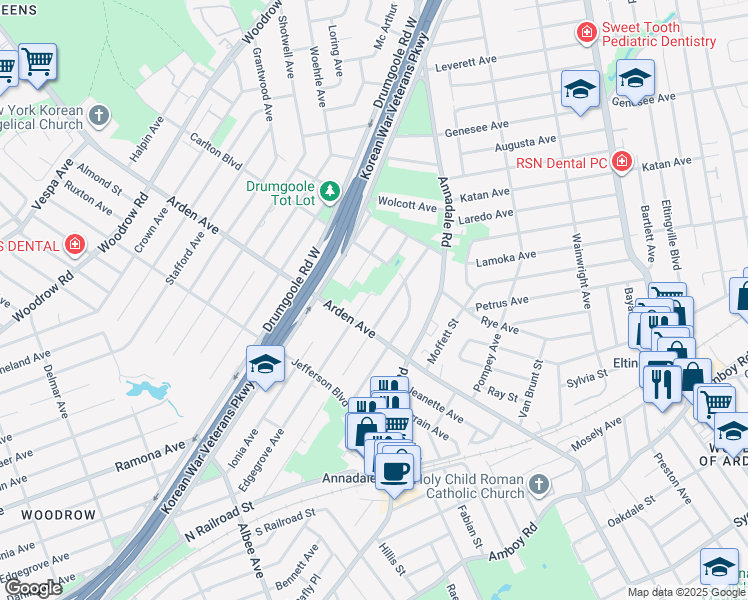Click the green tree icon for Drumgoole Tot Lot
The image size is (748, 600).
pyautogui.click(x=328, y=189)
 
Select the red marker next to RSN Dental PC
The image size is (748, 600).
pyautogui.click(x=622, y=161)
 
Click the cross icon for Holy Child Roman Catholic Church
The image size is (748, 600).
pyautogui.click(x=539, y=485)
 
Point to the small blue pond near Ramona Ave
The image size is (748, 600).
pyautogui.click(x=150, y=391)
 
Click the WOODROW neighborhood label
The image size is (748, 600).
pyautogui.click(x=58, y=515)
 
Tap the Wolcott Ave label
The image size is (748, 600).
pyautogui.click(x=407, y=206)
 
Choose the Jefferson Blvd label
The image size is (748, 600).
pyautogui.click(x=319, y=382)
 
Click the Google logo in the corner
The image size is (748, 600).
pyautogui.click(x=33, y=588)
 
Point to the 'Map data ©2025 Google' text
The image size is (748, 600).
pyautogui.click(x=685, y=592)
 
